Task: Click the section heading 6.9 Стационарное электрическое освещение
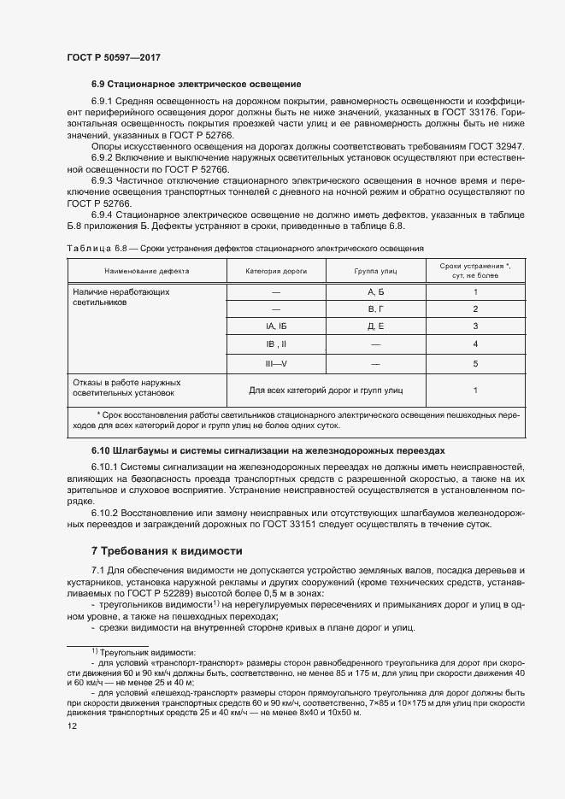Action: click(196, 84)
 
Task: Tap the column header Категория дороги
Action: click(276, 271)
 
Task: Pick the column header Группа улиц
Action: click(375, 271)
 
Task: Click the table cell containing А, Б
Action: click(375, 292)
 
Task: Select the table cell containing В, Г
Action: click(375, 309)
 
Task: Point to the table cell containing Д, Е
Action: click(375, 326)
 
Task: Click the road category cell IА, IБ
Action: click(276, 326)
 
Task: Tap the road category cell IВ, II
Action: click(276, 344)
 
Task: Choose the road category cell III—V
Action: click(276, 363)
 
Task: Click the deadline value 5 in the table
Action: click(474, 363)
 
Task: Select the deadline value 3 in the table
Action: click(474, 326)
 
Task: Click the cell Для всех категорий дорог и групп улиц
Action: click(326, 390)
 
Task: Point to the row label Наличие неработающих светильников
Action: click(120, 297)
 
